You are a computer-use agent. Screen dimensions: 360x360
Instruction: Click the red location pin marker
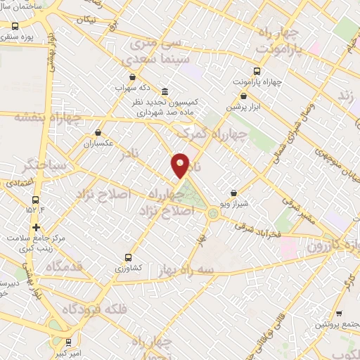[x=181, y=165]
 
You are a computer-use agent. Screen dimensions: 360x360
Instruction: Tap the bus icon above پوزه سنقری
[x=15, y=25]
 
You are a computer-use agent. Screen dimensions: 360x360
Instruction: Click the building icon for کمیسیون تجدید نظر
[x=164, y=91]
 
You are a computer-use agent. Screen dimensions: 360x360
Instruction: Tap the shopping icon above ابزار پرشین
[x=243, y=96]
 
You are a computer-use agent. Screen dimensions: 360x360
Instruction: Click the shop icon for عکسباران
[x=97, y=131]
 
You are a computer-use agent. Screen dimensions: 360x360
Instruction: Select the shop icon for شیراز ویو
[x=233, y=193]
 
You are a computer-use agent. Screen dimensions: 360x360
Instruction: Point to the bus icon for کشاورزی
[x=127, y=257]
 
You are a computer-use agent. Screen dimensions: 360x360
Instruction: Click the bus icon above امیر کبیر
[x=67, y=342]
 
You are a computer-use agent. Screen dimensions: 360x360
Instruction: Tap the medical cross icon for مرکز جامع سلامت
[x=36, y=227]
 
